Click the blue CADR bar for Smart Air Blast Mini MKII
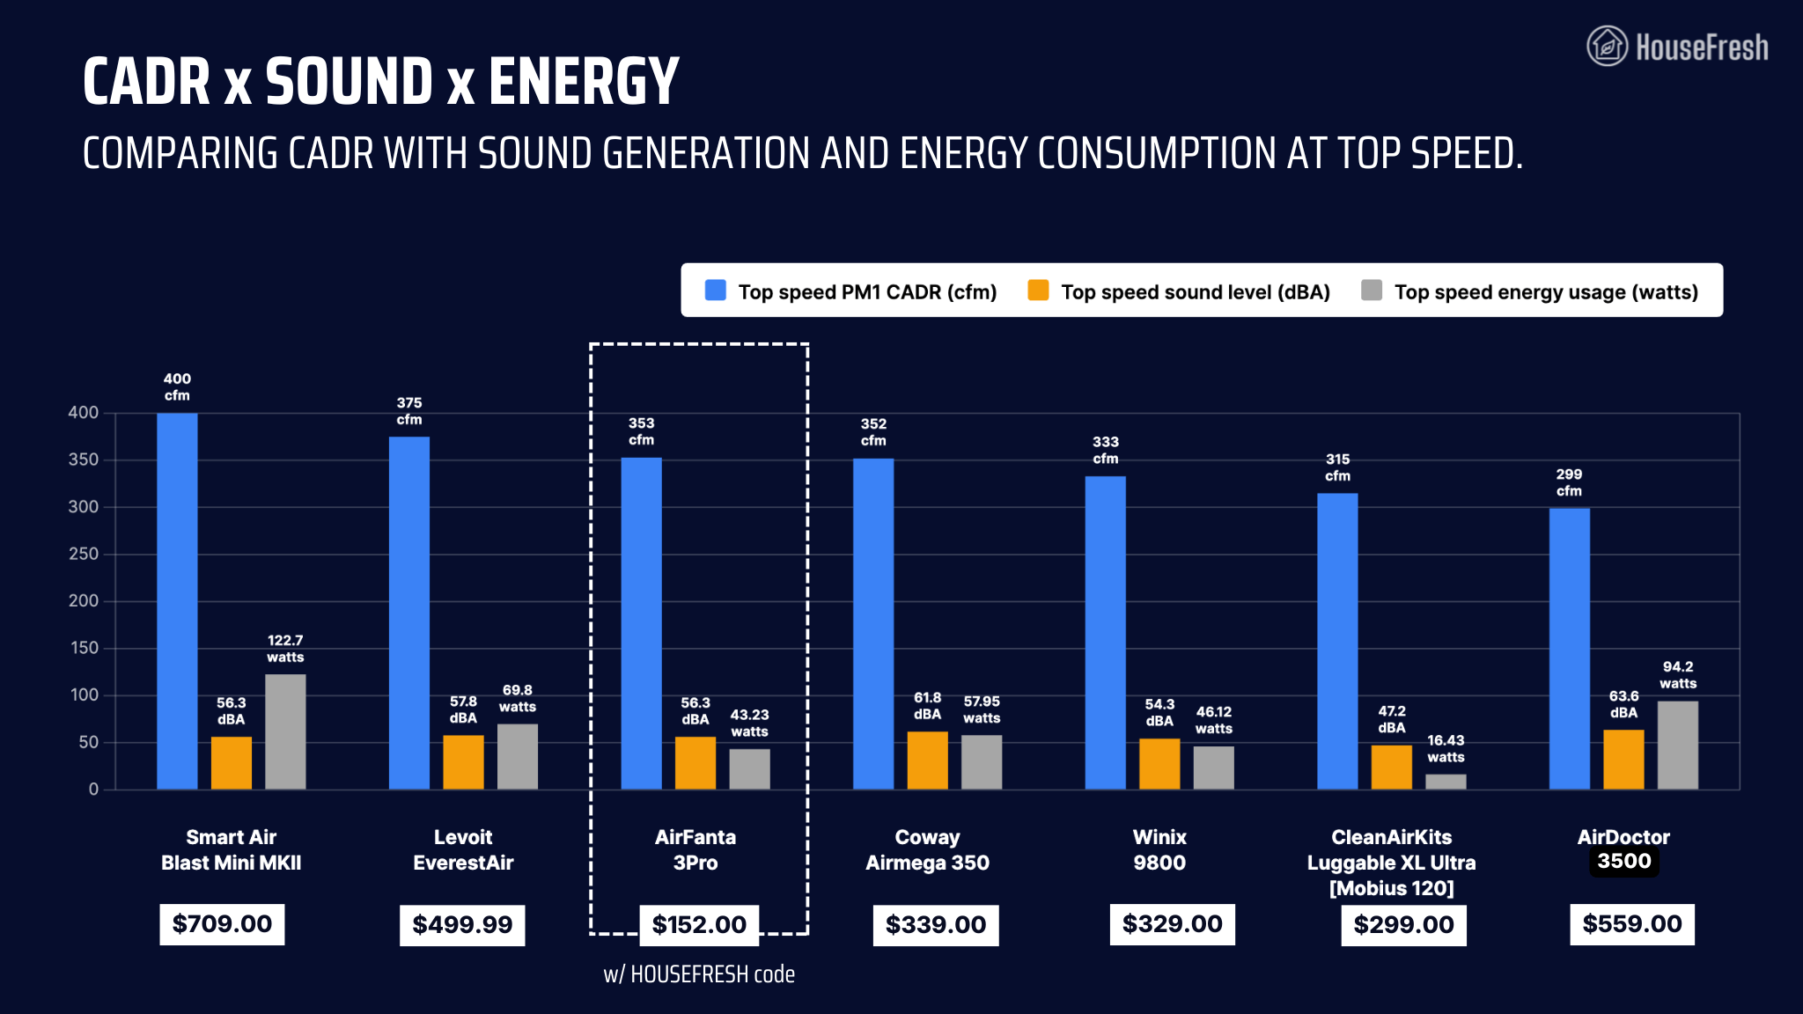coord(177,601)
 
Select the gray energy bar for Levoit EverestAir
coord(518,757)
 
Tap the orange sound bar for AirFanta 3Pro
coord(695,763)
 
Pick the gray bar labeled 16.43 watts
coord(1446,782)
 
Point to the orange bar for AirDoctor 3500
coord(1623,760)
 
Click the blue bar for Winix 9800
coord(1106,633)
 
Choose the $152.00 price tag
coord(699,924)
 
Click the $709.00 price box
coord(222,924)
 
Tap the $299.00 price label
coord(1403,924)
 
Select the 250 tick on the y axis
coord(84,554)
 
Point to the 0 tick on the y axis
coord(93,790)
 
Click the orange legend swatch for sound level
coord(1038,290)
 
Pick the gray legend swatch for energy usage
coord(1372,290)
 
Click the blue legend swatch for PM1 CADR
coord(716,290)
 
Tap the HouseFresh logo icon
coord(1607,46)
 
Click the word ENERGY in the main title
coord(584,82)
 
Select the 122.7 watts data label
coord(285,649)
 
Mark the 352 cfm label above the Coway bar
coord(873,432)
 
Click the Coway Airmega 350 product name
coord(927,850)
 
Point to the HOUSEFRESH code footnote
coord(699,974)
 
